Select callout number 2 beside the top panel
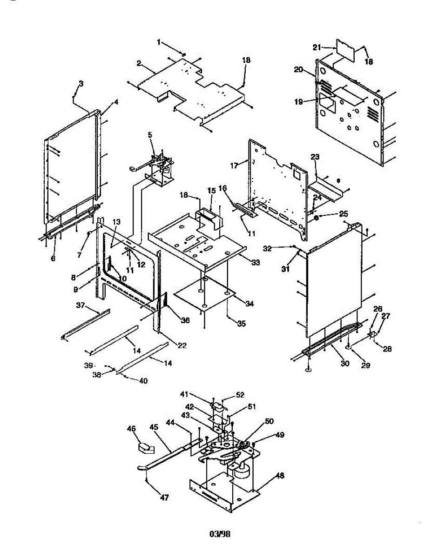(x=139, y=63)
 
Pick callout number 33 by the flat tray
(x=255, y=263)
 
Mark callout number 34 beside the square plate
(x=250, y=303)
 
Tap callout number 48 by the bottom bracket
(x=280, y=476)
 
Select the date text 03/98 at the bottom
(x=220, y=534)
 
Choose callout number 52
(x=240, y=395)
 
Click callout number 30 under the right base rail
(x=344, y=364)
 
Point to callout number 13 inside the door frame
(x=116, y=221)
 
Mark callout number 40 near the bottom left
(x=143, y=381)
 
